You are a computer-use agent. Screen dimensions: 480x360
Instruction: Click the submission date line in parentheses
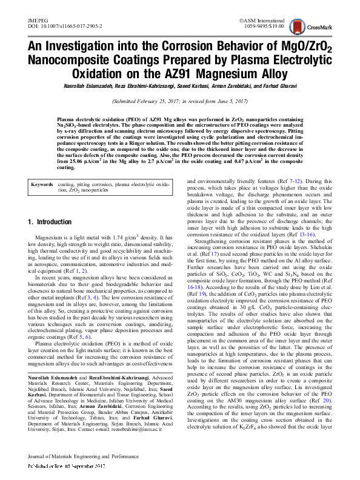180,101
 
